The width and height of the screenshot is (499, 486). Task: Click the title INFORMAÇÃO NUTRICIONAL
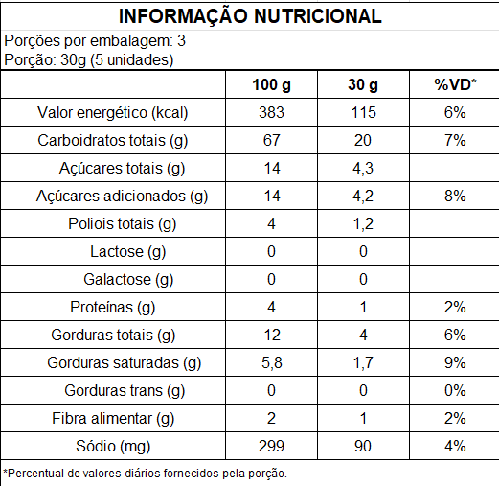(250, 16)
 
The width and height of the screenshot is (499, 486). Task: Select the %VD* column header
(455, 84)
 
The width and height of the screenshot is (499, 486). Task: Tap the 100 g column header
(271, 85)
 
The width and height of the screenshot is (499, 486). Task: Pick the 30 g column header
(363, 85)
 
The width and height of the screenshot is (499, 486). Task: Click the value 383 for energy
(271, 112)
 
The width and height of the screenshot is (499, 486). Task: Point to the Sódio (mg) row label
(113, 447)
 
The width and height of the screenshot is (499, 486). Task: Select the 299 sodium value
(271, 446)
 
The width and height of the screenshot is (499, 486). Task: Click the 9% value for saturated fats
(455, 362)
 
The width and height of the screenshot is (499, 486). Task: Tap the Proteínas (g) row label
(113, 308)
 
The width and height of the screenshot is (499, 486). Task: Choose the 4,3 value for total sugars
(363, 169)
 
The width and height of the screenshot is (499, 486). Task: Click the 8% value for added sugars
(455, 196)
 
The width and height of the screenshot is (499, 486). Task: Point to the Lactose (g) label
(128, 252)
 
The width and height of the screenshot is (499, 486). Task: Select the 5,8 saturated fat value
(272, 363)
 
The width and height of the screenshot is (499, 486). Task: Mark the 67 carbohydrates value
(271, 140)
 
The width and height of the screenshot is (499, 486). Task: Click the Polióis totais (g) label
(123, 224)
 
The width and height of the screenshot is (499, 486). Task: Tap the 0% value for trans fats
(455, 390)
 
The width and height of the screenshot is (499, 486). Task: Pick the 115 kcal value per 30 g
(364, 112)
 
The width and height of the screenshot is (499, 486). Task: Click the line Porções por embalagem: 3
(95, 41)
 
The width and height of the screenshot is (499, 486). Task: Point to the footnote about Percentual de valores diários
(146, 474)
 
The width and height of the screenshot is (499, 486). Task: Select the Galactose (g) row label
(128, 280)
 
